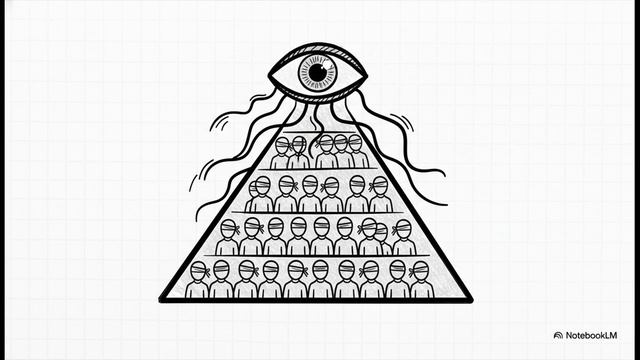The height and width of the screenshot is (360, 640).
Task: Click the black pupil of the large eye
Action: pyautogui.click(x=318, y=73)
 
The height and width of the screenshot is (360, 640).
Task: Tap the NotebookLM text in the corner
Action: pyautogui.click(x=591, y=336)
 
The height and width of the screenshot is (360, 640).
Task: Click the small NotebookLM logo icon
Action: pyautogui.click(x=558, y=336)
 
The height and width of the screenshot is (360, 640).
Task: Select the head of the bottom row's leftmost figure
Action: pyautogui.click(x=198, y=271)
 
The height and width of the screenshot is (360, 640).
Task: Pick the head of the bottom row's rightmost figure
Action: pyautogui.click(x=420, y=271)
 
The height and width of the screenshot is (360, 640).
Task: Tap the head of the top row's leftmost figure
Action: pyautogui.click(x=282, y=146)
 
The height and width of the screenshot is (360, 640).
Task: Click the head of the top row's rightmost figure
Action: pyautogui.click(x=355, y=143)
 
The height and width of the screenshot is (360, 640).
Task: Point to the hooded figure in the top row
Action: pyautogui.click(x=299, y=153)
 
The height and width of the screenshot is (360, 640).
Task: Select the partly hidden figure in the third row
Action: pyautogui.click(x=382, y=238)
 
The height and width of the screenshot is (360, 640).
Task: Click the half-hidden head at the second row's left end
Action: pyautogui.click(x=253, y=189)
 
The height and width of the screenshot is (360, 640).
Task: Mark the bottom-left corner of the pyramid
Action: pyautogui.click(x=161, y=300)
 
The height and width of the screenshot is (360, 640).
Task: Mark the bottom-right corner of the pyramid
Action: pyautogui.click(x=471, y=300)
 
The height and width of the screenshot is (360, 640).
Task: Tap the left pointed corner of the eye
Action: pyautogui.click(x=270, y=75)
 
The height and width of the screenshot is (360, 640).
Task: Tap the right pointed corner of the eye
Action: pyautogui.click(x=366, y=76)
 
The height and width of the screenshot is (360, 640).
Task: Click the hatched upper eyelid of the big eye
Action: pyautogui.click(x=318, y=50)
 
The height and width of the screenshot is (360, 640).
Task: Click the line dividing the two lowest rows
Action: pyautogui.click(x=317, y=256)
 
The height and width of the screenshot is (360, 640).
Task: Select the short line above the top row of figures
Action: pyautogui.click(x=318, y=132)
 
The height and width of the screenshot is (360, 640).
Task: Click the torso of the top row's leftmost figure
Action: pyautogui.click(x=280, y=162)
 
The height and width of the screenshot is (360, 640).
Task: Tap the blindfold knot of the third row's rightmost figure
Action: pyautogui.click(x=394, y=230)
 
